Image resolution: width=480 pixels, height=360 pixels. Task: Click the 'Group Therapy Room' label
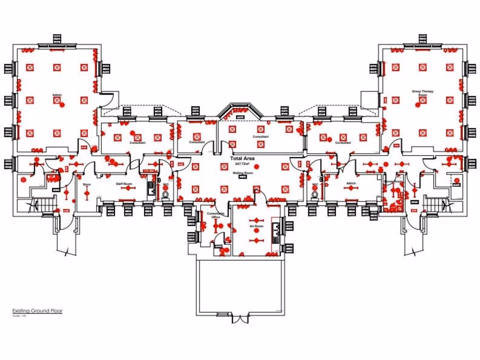(x=422, y=93)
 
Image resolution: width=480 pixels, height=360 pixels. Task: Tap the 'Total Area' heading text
(x=243, y=159)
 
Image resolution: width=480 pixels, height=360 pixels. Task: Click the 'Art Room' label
(x=256, y=226)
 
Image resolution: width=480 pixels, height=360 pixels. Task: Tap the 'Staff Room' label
(x=122, y=184)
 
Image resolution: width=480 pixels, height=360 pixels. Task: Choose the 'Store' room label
(x=87, y=185)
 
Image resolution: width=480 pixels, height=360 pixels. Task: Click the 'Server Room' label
(x=393, y=181)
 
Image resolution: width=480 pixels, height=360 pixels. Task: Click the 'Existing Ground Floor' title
(x=37, y=311)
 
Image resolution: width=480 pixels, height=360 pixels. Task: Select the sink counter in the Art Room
(x=277, y=232)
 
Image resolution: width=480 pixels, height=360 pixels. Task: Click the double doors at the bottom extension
(x=240, y=319)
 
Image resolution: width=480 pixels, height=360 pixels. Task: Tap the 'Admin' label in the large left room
(x=57, y=95)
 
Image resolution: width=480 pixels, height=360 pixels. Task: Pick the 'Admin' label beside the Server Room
(x=351, y=183)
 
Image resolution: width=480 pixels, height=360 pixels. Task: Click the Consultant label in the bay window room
(x=261, y=137)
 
